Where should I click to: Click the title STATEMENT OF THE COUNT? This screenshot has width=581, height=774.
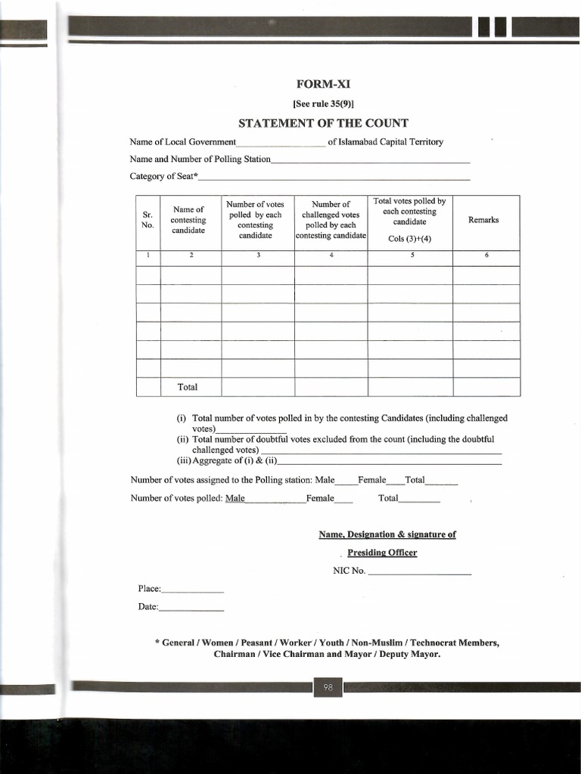323,123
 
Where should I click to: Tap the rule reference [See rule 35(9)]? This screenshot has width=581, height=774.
323,104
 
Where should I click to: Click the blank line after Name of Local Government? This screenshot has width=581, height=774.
281,144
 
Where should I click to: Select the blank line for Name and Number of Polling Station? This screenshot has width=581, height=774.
370,162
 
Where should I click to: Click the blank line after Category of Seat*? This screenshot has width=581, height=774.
334,178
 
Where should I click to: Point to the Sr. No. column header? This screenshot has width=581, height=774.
148,220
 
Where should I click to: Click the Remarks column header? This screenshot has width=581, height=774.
483,220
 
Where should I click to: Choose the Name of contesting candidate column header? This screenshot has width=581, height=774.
188,220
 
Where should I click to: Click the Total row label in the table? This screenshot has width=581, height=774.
188,387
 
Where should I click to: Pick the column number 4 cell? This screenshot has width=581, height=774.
331,255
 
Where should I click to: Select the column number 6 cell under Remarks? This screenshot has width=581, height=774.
486,255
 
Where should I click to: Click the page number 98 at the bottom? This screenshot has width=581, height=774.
328,687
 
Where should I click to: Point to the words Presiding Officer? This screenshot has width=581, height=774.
382,553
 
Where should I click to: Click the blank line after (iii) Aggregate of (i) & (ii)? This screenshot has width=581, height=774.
390,463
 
